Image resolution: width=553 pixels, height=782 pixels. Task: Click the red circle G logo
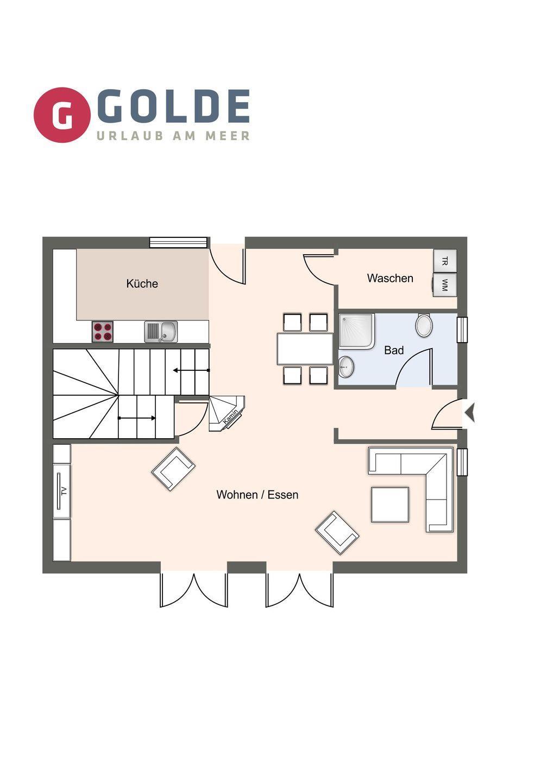62,115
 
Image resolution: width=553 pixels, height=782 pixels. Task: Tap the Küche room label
142,283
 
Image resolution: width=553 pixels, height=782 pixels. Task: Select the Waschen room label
390,278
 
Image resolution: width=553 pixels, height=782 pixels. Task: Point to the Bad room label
394,350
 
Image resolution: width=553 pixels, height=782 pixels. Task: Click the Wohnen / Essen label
257,495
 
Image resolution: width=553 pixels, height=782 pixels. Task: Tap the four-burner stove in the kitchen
103,332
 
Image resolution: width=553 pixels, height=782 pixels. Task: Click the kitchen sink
161,332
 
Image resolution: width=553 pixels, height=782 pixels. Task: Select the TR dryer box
445,261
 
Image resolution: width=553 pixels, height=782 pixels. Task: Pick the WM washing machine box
445,285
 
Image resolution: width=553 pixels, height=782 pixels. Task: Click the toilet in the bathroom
424,325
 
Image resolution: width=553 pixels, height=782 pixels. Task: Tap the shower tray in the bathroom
356,331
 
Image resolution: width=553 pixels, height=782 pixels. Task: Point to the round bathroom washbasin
346,367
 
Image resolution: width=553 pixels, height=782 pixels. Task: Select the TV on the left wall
62,491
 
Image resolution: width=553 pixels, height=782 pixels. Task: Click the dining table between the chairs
305,349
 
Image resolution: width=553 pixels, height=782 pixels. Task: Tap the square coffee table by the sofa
390,505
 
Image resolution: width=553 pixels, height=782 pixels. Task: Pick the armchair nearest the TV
173,469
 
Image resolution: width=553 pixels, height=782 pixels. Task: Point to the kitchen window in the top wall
178,242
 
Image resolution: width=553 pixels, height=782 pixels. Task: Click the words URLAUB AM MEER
173,135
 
